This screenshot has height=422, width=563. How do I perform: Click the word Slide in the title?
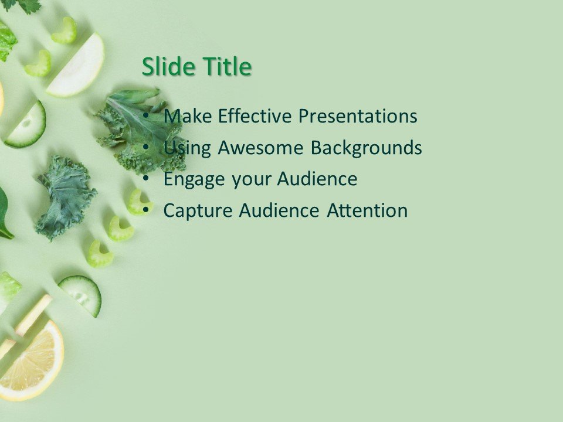click(x=169, y=67)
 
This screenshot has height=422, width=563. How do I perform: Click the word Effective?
click(x=255, y=116)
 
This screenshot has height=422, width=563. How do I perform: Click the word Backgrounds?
click(x=366, y=148)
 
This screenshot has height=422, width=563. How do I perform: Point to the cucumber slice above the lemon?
click(x=82, y=294)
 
